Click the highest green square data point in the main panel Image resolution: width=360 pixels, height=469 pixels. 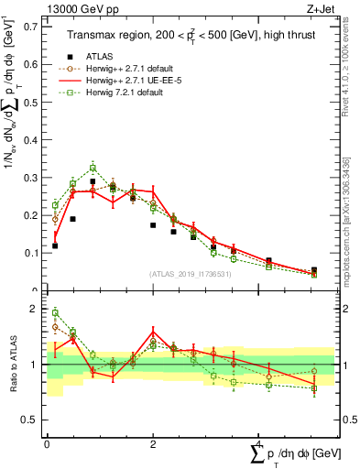tap(93, 168)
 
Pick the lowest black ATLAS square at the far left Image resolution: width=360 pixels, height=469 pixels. tap(55, 245)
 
